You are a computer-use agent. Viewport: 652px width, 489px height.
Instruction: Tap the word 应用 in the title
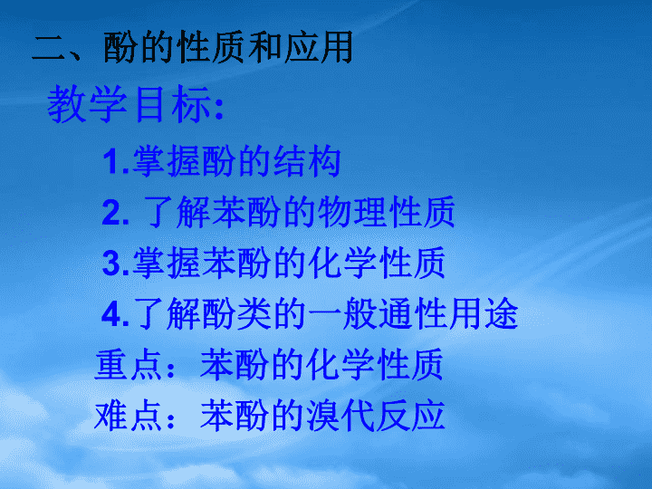(318, 47)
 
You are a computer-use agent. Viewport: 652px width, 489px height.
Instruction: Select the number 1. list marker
(116, 162)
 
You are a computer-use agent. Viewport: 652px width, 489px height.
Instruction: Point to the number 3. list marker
(116, 264)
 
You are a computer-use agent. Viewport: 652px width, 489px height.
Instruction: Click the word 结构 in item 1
(307, 161)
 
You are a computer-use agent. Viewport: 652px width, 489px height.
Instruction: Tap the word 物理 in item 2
(352, 212)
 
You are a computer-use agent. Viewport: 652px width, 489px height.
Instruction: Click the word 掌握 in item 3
(167, 263)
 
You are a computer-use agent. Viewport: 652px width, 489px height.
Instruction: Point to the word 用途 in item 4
(484, 313)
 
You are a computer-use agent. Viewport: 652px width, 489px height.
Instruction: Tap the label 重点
(129, 365)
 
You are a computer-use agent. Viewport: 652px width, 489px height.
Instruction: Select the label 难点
(129, 416)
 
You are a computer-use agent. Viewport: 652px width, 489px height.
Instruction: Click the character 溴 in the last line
(323, 416)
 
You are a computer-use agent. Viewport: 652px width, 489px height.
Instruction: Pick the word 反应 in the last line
(410, 416)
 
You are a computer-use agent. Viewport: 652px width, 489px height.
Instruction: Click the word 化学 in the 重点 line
(340, 365)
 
